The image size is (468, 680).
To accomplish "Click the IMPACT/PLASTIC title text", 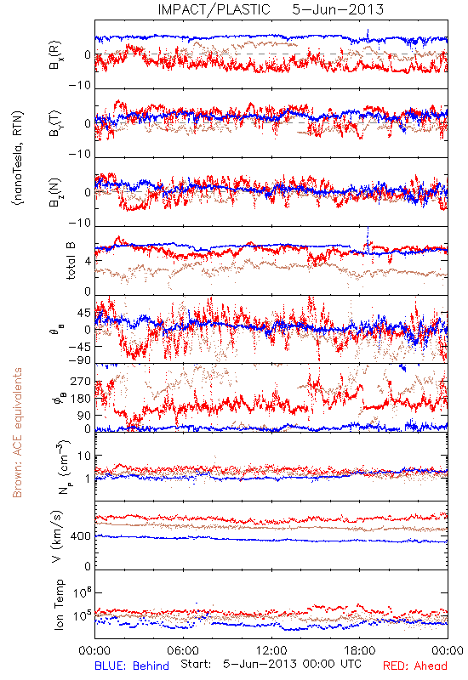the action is pos(214,9).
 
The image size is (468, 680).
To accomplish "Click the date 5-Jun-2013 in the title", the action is pos(338,9).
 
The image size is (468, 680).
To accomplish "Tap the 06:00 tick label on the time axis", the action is pos(183,650).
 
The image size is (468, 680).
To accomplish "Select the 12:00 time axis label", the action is pos(271,650).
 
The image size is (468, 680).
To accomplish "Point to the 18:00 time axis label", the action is pos(360,650).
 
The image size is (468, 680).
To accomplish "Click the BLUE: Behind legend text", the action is pos(132,666).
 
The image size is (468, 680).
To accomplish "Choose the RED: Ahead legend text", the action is pos(415,666).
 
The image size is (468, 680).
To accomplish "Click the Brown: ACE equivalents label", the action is pos(17,433).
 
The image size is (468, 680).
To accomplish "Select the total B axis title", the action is pos(71,261).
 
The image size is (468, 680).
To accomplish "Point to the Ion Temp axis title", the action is pos(59,604).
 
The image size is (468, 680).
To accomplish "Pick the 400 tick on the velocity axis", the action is pos(81,536).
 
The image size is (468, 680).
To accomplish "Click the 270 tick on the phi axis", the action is pos(81,382).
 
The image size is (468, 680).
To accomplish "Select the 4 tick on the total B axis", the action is pos(88,261).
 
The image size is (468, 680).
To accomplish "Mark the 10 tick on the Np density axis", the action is pos(84,456).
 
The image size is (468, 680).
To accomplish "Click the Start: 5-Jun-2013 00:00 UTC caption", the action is pos(271,664).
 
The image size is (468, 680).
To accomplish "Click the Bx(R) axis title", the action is pos(55,55).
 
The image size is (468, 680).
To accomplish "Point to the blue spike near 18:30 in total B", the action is pos(368,240).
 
